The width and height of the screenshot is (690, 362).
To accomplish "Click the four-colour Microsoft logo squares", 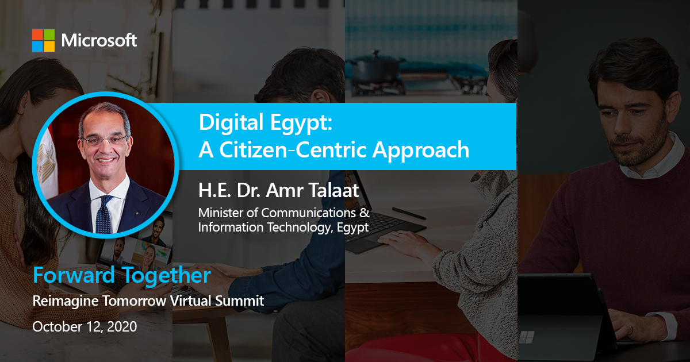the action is tap(44, 40).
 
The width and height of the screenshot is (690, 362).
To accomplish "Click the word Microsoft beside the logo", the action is tap(99, 40).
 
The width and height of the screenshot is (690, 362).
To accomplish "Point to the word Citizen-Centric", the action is tap(292, 150).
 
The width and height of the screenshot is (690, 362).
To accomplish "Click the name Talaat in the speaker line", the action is tap(333, 190).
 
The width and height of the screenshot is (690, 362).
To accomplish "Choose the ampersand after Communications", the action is tap(365, 213).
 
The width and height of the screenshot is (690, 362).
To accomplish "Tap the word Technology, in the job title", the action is tap(300, 228).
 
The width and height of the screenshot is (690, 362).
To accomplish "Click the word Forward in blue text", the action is tap(74, 275).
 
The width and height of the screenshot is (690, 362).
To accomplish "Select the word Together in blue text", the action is tap(166, 275).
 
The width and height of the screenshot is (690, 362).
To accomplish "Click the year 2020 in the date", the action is tap(122, 326).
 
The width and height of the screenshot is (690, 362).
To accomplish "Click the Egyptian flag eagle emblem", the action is tap(46, 163).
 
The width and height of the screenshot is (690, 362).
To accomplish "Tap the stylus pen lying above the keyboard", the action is tap(409, 213).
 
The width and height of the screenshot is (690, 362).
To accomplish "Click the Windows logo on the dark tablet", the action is tap(527, 337).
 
